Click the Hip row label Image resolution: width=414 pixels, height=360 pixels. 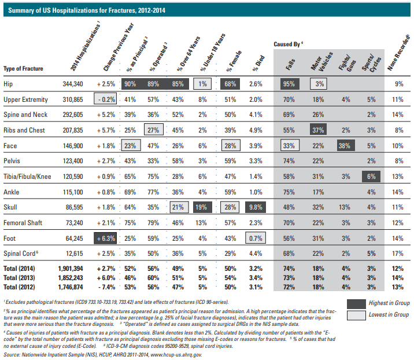(8, 84)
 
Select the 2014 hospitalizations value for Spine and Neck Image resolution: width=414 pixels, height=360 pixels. (73, 115)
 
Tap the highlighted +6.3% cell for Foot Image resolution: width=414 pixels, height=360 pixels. (105, 238)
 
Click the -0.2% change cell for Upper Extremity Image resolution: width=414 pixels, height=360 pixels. (105, 100)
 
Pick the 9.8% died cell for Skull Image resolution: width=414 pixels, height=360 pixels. (256, 207)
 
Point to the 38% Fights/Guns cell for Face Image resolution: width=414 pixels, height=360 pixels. (346, 146)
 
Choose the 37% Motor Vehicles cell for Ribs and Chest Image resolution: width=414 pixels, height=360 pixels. (318, 130)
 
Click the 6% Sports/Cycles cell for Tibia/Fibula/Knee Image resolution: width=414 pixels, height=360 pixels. (371, 177)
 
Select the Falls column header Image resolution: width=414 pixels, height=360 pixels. (290, 64)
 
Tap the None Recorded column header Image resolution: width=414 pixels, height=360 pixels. (398, 53)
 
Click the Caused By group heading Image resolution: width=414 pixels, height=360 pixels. (288, 44)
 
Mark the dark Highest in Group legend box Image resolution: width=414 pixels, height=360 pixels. (356, 304)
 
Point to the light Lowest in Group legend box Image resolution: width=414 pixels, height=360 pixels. (356, 315)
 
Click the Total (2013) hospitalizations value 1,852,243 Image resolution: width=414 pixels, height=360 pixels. (71, 278)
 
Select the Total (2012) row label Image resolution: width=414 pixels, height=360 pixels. (19, 287)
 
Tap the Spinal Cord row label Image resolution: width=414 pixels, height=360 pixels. (21, 254)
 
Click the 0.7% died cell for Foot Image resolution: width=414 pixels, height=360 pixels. (256, 238)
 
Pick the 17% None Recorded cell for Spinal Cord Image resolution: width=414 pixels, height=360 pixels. (398, 254)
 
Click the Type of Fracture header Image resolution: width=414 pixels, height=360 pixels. (23, 68)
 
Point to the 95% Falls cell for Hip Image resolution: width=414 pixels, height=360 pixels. (290, 84)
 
